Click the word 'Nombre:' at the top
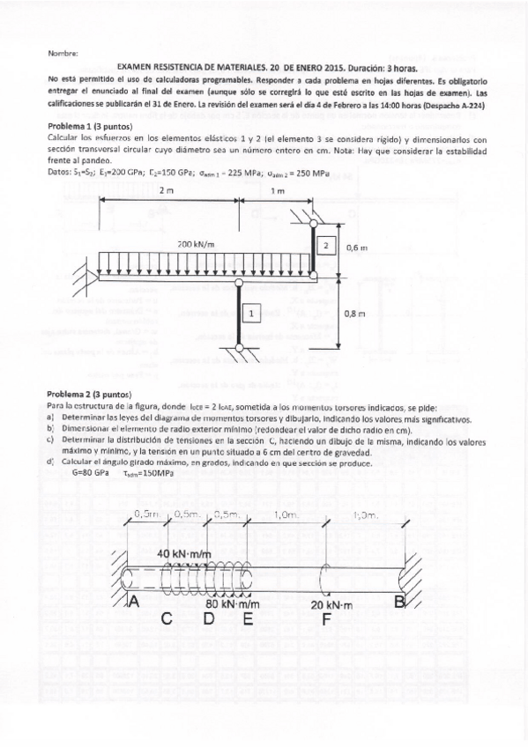[63, 53]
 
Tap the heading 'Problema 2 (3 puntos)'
[88, 393]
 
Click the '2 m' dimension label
[167, 191]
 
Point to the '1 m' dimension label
[279, 191]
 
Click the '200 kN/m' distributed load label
[197, 243]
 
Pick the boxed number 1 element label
[250, 312]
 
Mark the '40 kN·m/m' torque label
[184, 552]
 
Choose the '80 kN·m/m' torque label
[233, 605]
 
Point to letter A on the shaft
[134, 602]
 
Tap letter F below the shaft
[327, 620]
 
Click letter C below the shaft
[165, 619]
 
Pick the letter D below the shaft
[209, 619]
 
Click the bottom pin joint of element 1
[240, 351]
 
